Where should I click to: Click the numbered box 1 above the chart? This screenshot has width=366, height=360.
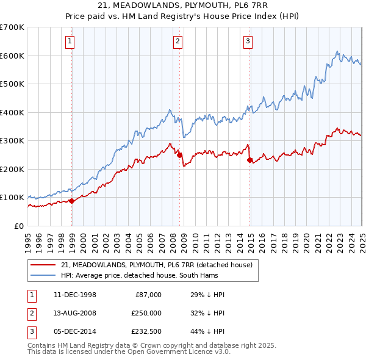point(71,41)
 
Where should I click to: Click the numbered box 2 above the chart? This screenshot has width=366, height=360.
point(178,41)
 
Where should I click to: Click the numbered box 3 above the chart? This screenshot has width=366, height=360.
point(248,41)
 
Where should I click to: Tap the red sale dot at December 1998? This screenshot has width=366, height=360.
point(72,201)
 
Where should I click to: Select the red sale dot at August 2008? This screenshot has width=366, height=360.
point(179,155)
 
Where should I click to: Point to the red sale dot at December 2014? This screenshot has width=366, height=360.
point(250,160)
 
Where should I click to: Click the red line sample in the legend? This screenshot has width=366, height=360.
point(42,265)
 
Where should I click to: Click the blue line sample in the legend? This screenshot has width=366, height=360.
point(42,276)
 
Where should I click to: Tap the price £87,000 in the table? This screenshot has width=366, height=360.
point(148,295)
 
